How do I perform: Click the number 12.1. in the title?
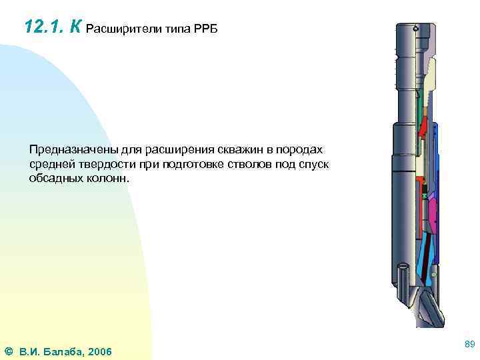click(x=43, y=27)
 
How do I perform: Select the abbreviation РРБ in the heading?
click(x=205, y=29)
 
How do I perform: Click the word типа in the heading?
click(x=172, y=30)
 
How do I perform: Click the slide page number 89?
click(x=469, y=344)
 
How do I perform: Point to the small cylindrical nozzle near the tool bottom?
click(x=403, y=276)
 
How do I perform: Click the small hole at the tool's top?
click(x=415, y=29)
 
